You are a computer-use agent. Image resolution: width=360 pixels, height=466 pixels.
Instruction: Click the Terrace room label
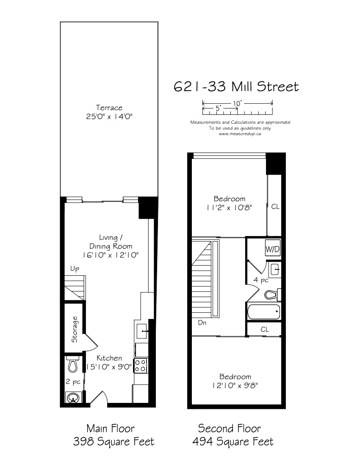pos(109,108)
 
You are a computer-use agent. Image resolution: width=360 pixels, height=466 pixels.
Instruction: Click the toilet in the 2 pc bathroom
pos(73,364)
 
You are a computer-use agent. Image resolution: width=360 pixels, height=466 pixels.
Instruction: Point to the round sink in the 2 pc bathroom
pos(73,398)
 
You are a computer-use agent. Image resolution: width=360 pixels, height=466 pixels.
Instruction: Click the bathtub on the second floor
pos(263,311)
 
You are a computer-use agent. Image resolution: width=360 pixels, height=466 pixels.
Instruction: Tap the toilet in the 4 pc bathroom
pos(273,294)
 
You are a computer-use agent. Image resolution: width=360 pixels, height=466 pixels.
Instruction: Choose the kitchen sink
pos(142,331)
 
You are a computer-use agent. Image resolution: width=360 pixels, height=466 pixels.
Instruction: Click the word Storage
pos(74,329)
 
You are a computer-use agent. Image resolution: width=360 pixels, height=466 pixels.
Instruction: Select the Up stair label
pos(75,269)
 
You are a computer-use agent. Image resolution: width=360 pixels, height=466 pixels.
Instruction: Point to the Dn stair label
pos(202,322)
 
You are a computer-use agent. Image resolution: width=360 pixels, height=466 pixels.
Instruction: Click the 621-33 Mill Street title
pos(236,86)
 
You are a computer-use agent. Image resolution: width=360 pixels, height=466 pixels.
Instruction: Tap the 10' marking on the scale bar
pos(237,103)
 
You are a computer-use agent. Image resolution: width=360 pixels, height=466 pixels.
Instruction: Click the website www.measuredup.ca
pos(240,134)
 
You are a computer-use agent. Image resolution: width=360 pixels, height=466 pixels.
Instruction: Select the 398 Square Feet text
pos(114,441)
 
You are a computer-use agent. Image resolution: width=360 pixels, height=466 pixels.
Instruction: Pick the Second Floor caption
pos(229,428)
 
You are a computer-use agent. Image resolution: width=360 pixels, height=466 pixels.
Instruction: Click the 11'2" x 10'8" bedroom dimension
pos(229,208)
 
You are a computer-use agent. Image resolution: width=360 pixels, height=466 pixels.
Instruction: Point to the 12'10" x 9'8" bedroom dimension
pos(235,386)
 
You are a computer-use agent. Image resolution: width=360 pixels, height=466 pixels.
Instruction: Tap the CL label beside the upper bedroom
pos(275,206)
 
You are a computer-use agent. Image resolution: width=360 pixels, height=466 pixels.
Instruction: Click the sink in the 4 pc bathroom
pos(275,269)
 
